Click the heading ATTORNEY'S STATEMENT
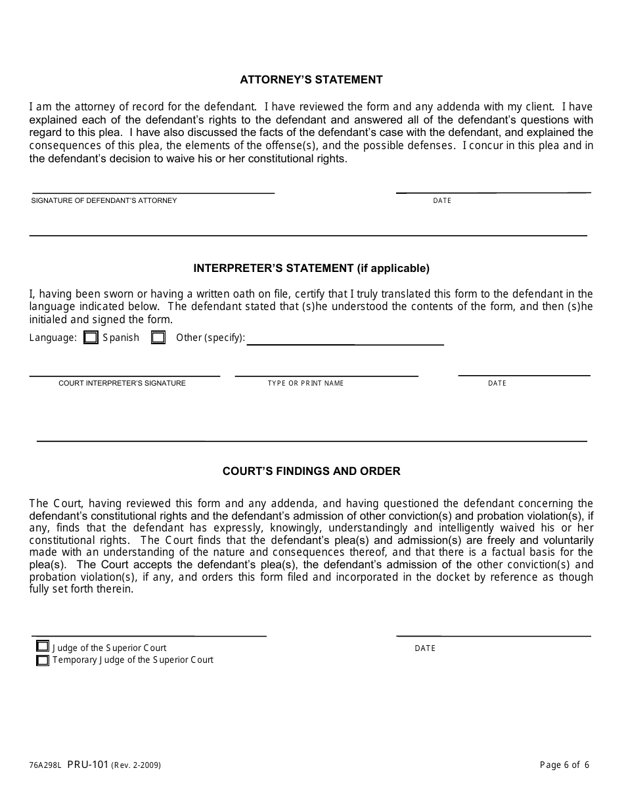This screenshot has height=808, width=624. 311,79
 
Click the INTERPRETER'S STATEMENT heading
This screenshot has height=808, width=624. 311,268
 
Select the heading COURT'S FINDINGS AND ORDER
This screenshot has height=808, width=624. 311,471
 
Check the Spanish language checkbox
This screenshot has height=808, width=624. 91,338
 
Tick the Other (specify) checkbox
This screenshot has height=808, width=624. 158,338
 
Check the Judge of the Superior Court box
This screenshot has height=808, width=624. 43,647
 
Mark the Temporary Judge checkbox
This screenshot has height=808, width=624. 43,660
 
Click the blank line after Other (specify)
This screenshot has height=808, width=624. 345,342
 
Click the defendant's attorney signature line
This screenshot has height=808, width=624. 152,191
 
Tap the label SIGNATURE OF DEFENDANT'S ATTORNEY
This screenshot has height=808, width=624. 104,200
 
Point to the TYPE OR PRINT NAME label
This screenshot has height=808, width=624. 305,383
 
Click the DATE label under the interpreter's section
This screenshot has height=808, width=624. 497,383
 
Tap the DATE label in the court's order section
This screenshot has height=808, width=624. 425,648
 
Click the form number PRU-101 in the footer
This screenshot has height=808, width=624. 88,765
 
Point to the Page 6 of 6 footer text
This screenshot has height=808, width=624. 564,765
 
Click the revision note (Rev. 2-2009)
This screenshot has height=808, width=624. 136,765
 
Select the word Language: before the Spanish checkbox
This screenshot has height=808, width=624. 53,338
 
